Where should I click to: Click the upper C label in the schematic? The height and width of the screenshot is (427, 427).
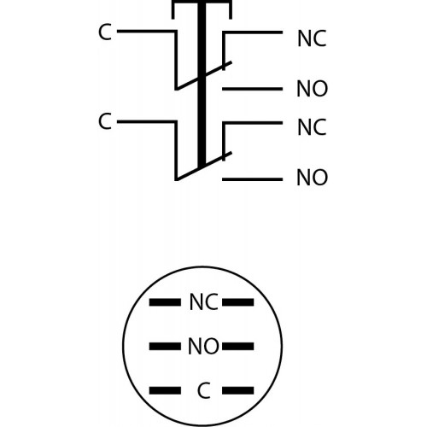tap(105, 32)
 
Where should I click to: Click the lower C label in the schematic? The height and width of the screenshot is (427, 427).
tap(105, 121)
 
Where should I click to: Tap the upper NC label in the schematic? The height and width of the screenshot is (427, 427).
tap(312, 38)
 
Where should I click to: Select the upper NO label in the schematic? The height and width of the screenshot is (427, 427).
tap(313, 89)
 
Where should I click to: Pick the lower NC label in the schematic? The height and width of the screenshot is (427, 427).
tap(312, 127)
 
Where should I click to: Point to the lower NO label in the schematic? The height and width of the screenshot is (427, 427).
tap(313, 178)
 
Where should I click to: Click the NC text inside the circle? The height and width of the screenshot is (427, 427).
tap(204, 302)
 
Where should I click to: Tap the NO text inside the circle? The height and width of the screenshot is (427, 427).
tap(203, 346)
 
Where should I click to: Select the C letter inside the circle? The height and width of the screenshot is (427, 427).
tap(203, 390)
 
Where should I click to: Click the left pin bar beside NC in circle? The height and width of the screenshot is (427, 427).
tap(165, 302)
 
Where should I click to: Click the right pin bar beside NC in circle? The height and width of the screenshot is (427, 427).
tap(238, 302)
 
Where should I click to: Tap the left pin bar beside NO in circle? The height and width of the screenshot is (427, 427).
tap(165, 347)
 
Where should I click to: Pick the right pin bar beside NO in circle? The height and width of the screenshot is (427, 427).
tap(238, 347)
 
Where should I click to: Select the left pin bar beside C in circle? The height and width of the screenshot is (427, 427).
tap(165, 390)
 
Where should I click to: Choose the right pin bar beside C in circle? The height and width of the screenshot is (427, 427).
tap(238, 390)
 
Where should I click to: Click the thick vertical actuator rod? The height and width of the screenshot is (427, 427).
tap(202, 84)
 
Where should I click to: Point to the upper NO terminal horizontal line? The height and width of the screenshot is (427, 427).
tap(252, 89)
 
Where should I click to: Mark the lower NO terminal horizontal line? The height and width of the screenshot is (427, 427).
tap(252, 179)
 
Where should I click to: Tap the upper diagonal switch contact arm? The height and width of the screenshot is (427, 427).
tap(204, 76)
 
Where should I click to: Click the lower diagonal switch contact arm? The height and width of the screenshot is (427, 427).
tap(204, 166)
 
